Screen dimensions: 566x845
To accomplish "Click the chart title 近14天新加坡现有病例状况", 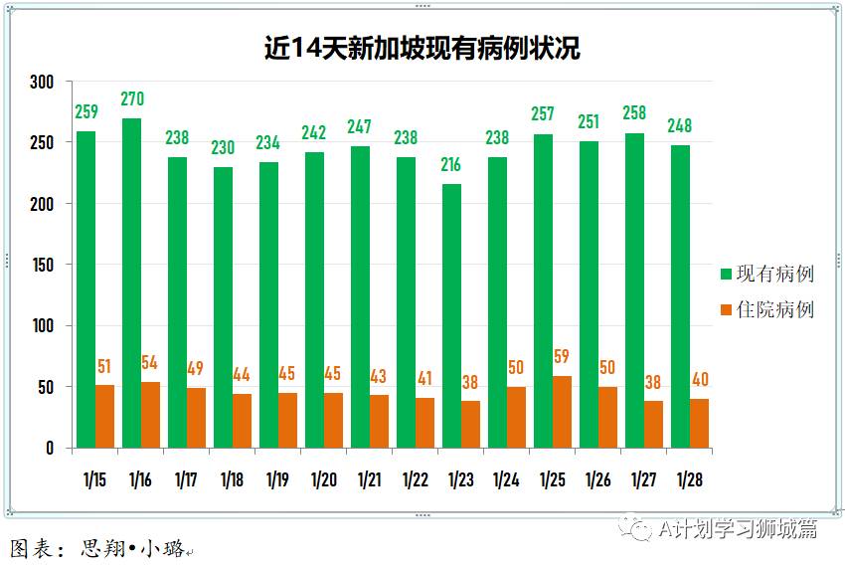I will coord(422,48).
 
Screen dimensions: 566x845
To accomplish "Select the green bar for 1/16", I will coord(132,283).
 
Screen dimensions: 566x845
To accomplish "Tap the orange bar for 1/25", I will coord(563,412).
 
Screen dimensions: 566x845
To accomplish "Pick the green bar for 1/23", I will coord(452,315).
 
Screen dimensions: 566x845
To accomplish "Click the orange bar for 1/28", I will coord(700,423).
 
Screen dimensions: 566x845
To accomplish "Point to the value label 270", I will coord(132,99).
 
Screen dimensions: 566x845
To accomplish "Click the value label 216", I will coord(452,165).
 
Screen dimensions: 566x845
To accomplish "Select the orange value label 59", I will coord(563,356).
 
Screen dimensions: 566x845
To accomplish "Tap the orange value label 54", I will coord(150,362).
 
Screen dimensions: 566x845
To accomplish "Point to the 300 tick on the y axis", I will coord(41,82).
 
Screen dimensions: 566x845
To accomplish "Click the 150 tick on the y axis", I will coord(41,265).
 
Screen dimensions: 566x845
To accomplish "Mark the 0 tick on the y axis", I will coord(48,449).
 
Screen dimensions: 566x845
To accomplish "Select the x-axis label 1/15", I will coord(95,480).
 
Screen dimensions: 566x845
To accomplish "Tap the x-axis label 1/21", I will coord(370,480).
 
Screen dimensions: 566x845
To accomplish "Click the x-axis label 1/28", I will coord(690,480).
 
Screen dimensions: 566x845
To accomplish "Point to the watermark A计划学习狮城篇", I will coord(737,529).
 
